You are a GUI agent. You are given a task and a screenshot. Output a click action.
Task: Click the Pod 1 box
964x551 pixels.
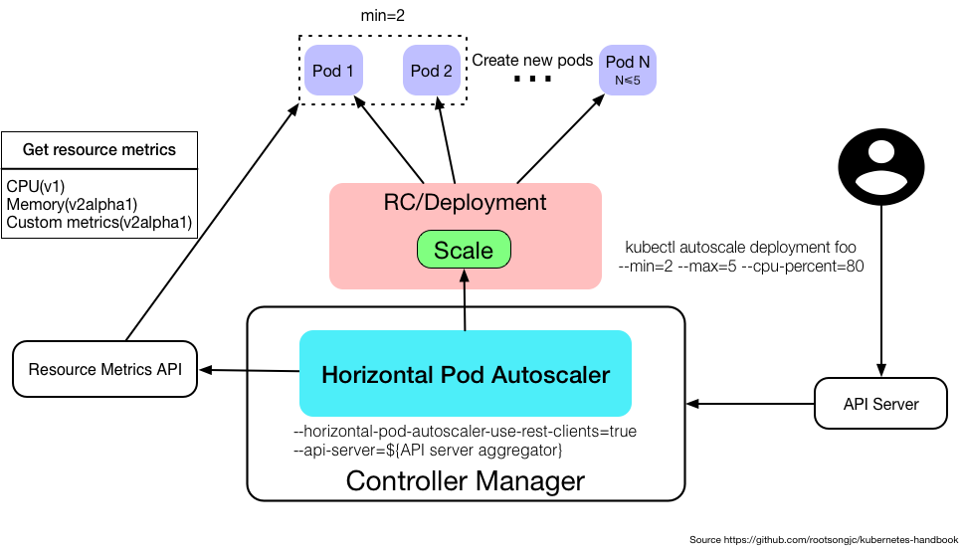tap(333, 71)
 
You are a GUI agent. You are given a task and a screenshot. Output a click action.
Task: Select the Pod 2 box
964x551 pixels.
tap(431, 71)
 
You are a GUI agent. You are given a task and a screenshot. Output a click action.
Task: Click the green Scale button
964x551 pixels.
tap(464, 249)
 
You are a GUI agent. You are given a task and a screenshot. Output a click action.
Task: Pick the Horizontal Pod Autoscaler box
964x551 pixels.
tap(465, 374)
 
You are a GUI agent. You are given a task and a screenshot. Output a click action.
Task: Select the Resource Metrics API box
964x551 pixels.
tap(104, 370)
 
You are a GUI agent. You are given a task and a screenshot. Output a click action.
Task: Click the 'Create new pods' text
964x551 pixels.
tap(532, 61)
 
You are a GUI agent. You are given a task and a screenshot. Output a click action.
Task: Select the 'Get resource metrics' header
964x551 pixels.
tap(99, 150)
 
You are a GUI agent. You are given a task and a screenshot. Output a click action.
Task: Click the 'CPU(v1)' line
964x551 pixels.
tap(35, 185)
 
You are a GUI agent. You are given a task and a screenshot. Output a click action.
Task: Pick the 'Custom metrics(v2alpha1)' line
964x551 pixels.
tap(98, 222)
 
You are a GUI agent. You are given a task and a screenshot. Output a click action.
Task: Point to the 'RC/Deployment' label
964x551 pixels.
tap(465, 203)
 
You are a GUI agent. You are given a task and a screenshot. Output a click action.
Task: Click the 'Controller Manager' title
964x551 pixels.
tap(465, 481)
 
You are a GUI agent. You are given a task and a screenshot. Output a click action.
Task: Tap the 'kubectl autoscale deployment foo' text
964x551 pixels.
tap(739, 247)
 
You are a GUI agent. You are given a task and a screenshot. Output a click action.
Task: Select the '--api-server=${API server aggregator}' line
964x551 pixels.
tap(429, 451)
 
